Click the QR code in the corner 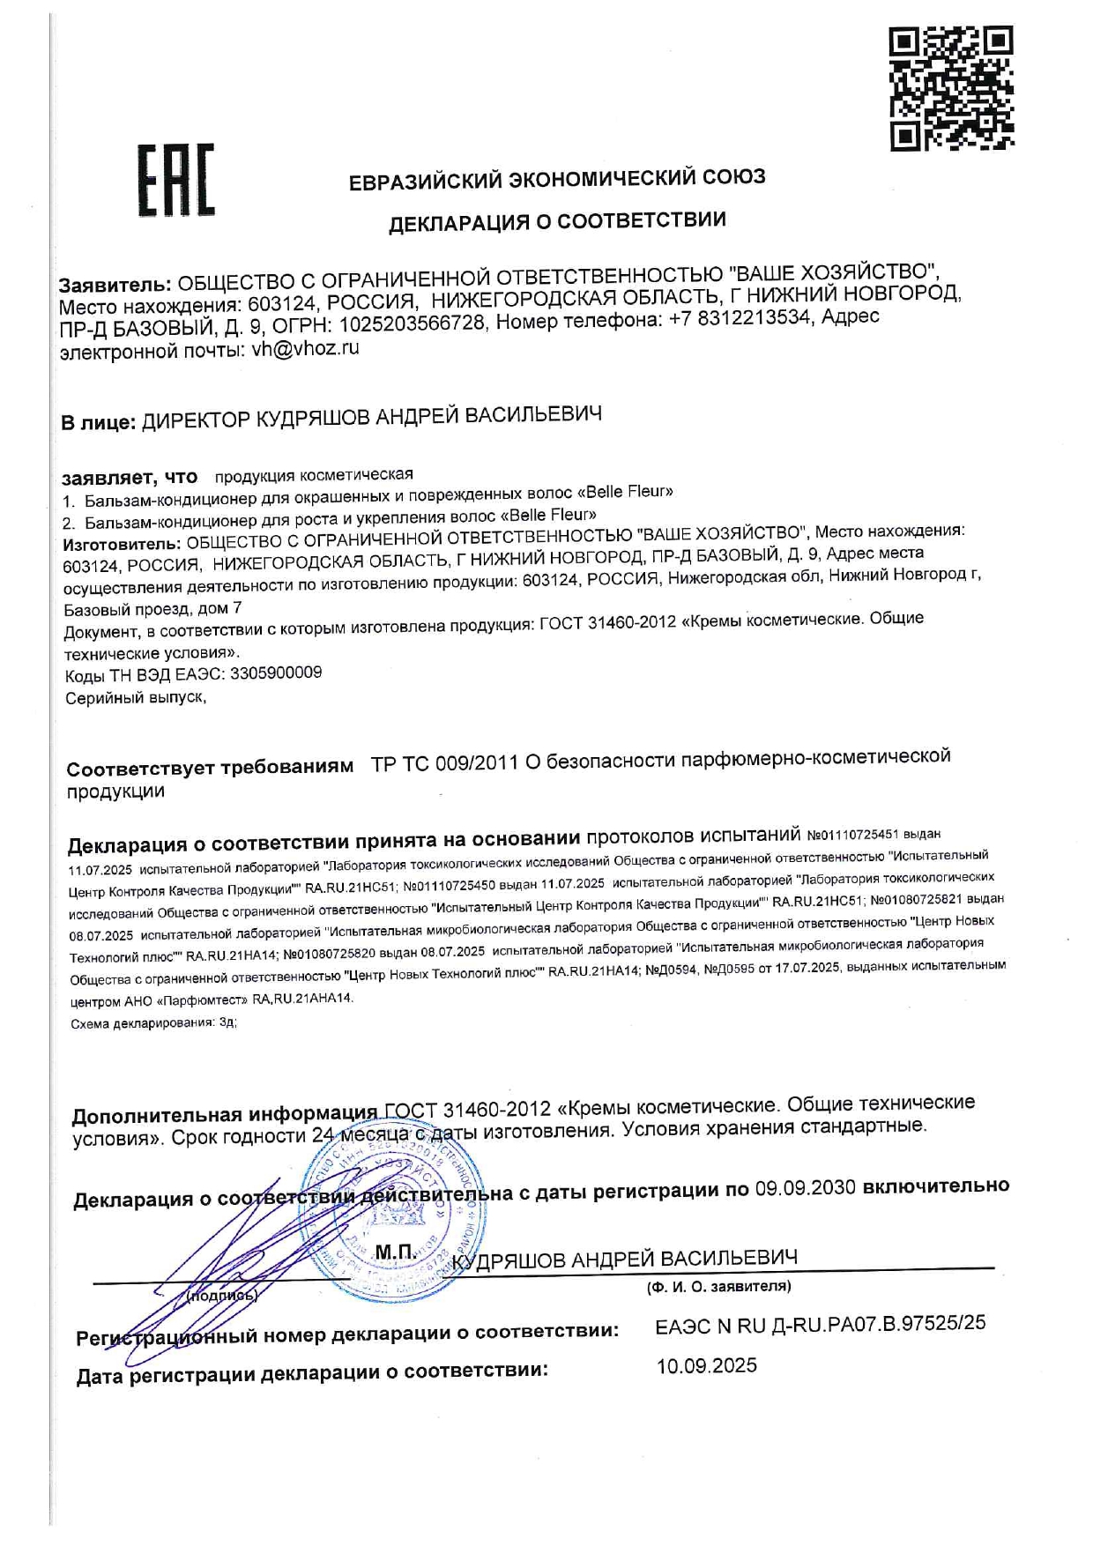(951, 88)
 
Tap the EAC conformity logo (176, 181)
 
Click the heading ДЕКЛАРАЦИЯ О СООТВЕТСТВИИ (557, 221)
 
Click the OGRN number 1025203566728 (413, 323)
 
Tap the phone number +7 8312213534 (739, 318)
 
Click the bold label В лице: (98, 422)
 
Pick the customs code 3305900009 (275, 673)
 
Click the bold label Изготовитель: (122, 543)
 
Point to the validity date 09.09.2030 (805, 1187)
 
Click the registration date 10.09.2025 (706, 1365)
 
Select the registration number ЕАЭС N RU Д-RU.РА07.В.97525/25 (820, 1324)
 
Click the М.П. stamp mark (396, 1252)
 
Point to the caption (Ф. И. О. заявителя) (718, 1287)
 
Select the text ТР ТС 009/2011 (444, 763)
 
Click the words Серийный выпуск (136, 698)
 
